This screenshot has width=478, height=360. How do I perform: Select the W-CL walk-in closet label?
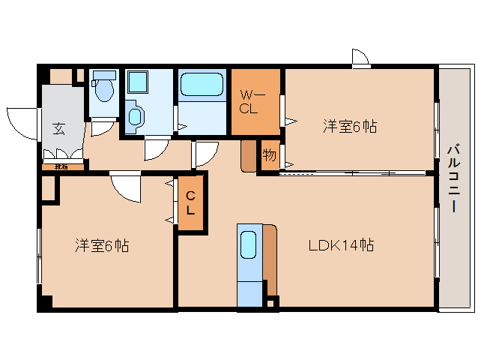coord(250,102)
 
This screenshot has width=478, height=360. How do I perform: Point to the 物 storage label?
coord(269,156)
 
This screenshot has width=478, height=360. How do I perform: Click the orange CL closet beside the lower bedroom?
coord(190,203)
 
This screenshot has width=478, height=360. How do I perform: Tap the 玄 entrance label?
coord(58,128)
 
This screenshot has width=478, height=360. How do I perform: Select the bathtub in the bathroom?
coord(202,84)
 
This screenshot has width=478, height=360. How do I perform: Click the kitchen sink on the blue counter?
coord(248,245)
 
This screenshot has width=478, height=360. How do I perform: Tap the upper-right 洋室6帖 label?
coord(350,126)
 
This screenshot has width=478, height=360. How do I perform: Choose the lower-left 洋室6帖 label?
coord(102,245)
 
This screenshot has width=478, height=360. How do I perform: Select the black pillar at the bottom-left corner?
coord(45,303)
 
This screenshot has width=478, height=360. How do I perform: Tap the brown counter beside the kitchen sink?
coord(270,259)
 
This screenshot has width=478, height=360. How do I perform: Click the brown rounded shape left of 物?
coord(249,155)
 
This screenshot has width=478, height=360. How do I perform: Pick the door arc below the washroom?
coord(158,148)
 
